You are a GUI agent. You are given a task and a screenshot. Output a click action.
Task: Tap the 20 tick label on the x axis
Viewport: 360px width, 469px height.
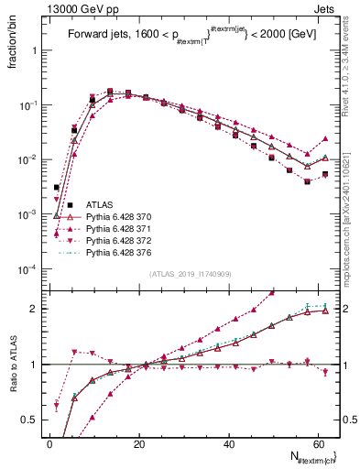(x=139, y=444)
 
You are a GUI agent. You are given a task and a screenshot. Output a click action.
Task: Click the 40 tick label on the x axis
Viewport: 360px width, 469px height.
(x=229, y=444)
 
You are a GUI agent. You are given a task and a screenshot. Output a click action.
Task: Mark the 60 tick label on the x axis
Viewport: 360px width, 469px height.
(x=318, y=444)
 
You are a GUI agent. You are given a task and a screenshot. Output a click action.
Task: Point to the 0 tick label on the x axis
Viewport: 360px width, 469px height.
(x=50, y=444)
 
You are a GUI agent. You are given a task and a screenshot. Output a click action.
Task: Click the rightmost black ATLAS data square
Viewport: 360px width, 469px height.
(x=325, y=174)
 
